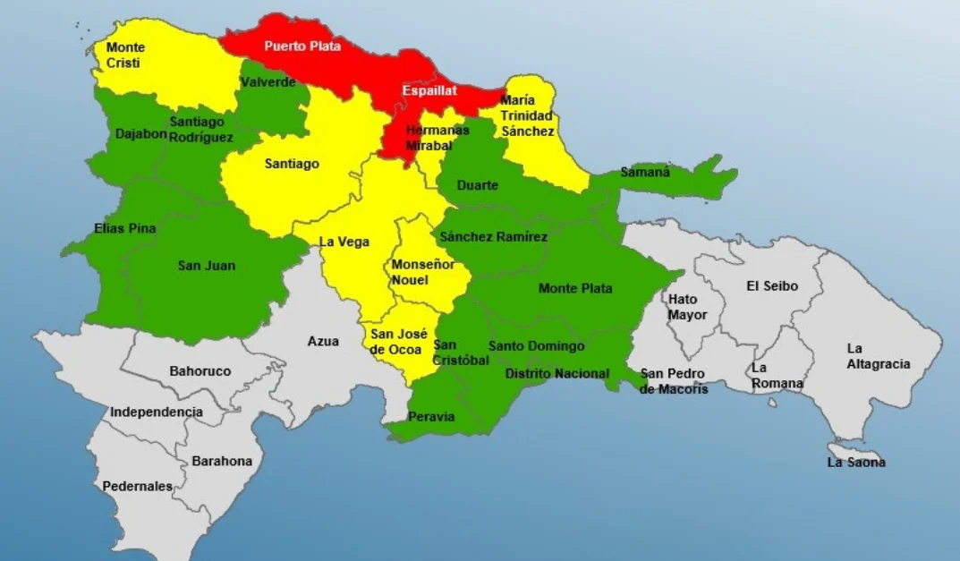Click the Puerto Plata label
click(x=302, y=46)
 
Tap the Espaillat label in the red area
click(x=429, y=90)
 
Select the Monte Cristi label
click(x=125, y=55)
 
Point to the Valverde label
click(x=268, y=82)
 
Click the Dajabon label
click(x=141, y=133)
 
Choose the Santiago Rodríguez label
click(x=201, y=129)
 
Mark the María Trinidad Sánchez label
click(x=527, y=115)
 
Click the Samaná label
click(x=645, y=172)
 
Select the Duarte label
click(x=477, y=185)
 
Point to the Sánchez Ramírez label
click(x=493, y=236)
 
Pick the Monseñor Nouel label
click(x=422, y=272)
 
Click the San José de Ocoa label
click(x=395, y=341)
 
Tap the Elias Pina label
click(x=124, y=228)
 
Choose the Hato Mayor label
click(x=687, y=307)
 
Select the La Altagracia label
click(x=878, y=355)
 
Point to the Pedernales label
click(x=137, y=486)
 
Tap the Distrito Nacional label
click(x=556, y=373)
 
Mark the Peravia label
click(x=431, y=416)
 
